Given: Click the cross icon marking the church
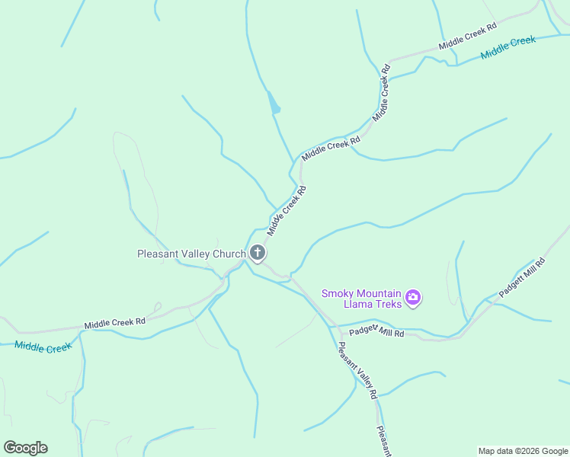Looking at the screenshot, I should coord(258,253).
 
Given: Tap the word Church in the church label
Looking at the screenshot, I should coord(226,254).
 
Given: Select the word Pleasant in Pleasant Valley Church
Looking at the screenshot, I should coord(156,254).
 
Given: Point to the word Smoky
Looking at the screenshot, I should coord(338,293).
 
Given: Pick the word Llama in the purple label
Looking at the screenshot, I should coord(338,305).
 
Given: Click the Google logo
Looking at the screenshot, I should coord(25,448).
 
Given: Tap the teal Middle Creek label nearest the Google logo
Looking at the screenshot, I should coord(43,347).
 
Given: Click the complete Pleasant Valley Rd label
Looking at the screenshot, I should coord(357,371).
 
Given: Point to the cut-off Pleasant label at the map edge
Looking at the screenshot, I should coord(384,441).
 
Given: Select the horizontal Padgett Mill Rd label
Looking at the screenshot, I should coord(376,332).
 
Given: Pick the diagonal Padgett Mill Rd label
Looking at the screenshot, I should coord(523,277).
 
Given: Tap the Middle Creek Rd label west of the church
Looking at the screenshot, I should coord(114,323).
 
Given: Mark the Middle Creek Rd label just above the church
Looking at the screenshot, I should coord(287,209).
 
